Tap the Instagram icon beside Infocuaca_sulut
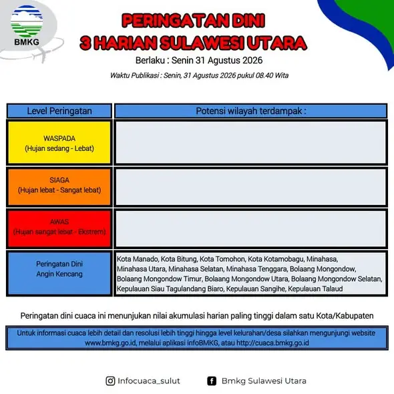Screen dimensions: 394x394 pos(110,381)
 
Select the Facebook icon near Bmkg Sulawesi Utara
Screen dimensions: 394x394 pos(212,381)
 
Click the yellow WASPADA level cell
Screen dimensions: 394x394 pos(59,143)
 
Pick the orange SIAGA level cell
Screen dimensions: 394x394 pos(59,187)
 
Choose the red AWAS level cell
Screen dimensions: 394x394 pos(59,228)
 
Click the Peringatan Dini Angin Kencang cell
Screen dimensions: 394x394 pos(59,273)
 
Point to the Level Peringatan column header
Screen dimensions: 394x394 pos(59,111)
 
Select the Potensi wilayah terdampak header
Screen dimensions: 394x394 pos(251,111)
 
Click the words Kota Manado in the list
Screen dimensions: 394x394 pos(138,259)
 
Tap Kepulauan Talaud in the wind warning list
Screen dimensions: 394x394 pos(315,289)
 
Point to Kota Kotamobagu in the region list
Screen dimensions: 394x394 pos(276,259)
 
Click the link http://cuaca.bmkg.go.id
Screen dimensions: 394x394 pos(272,343)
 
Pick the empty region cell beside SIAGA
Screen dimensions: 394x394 pos(251,187)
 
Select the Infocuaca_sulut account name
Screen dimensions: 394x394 pos(149,381)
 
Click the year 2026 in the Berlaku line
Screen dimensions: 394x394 pos(252,60)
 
